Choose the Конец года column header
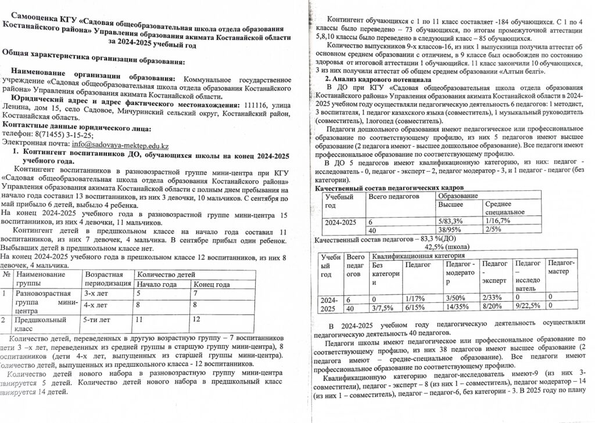coord(212,284)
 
